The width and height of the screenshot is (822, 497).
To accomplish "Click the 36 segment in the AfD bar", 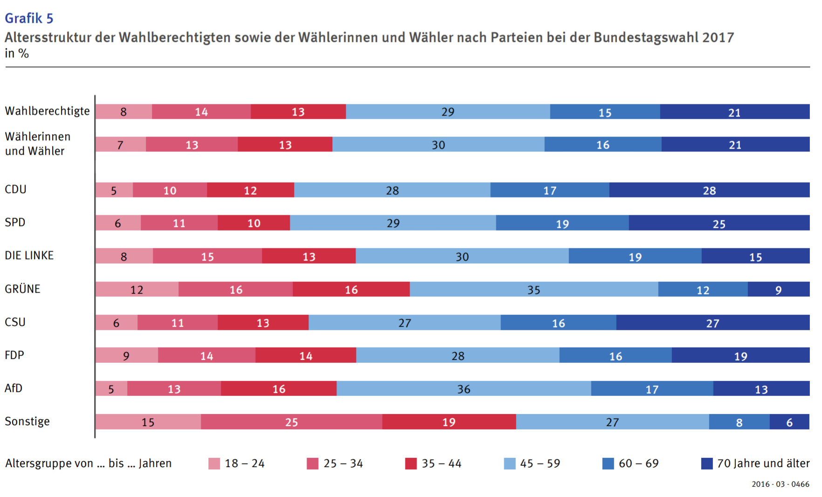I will coord(464,388).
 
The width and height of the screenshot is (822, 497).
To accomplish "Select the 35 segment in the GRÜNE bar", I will coord(534,289).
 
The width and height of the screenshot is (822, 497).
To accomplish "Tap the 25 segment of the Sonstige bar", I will coord(291,422).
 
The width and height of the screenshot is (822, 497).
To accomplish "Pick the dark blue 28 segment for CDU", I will coord(709,190).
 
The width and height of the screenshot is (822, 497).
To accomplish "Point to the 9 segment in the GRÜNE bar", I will coord(778,289).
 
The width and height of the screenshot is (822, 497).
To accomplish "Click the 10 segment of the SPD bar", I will coord(253,223).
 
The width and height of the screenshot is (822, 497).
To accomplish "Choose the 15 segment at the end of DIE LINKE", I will coord(755,256).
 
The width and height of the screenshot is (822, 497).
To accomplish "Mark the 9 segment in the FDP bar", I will coord(126,355).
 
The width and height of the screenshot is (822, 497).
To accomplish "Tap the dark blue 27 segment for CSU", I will coord(712,322).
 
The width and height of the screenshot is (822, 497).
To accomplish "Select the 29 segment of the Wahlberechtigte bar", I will coord(447,112).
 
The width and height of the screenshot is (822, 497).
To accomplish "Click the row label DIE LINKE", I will coord(29,256).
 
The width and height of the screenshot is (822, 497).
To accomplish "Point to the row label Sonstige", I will coord(27,422).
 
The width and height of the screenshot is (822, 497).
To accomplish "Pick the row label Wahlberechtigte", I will coord(47,111).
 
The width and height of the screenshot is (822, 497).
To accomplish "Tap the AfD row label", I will coord(14,388).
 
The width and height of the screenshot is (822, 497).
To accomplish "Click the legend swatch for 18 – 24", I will coord(214,463).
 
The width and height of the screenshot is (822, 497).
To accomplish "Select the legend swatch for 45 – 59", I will coord(510,463).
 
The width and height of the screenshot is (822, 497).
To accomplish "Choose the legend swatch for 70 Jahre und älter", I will coord(706,463).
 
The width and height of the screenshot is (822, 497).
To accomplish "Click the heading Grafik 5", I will coord(29,18).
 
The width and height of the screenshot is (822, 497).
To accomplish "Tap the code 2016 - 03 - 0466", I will coord(780,484).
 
